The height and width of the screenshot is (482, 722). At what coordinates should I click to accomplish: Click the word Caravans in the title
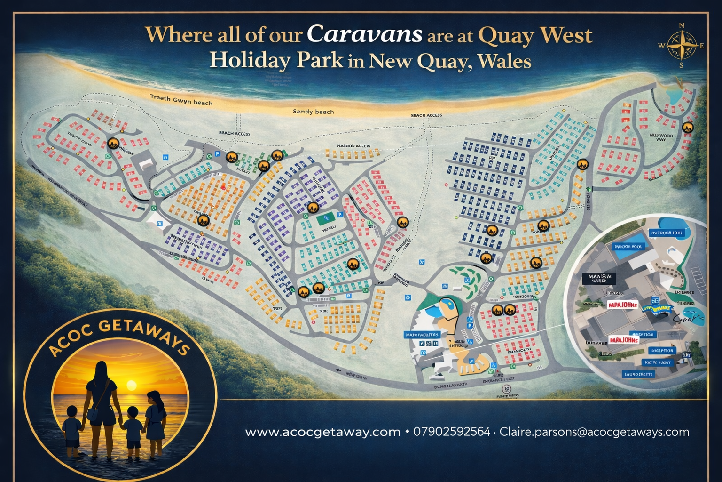click(364, 34)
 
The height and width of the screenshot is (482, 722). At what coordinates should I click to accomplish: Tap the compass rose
click(681, 46)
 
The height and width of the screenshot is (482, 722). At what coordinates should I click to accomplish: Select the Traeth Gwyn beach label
click(181, 100)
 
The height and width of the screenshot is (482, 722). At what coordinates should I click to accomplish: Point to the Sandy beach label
click(313, 112)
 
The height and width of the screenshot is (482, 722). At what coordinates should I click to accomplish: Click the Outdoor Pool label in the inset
click(667, 233)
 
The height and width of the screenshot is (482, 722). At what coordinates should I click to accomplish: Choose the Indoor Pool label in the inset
click(628, 247)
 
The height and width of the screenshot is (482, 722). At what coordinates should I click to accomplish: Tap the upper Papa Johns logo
click(622, 305)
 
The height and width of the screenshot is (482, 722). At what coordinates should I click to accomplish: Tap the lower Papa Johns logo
click(623, 339)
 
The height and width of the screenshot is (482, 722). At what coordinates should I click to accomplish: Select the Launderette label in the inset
click(638, 374)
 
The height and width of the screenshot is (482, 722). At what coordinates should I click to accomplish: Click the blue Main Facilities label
click(422, 335)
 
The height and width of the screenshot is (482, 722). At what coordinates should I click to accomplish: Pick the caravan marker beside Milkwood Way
click(688, 128)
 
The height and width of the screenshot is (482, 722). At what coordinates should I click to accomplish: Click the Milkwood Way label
click(661, 137)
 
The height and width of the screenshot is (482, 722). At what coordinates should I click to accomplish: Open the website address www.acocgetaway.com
click(322, 432)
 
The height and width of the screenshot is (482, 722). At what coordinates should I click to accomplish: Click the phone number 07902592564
click(451, 432)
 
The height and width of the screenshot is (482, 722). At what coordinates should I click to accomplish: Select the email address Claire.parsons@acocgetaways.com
click(594, 432)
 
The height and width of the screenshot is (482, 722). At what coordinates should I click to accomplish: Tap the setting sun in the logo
click(132, 386)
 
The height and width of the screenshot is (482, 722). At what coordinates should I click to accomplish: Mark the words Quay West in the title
click(535, 35)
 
